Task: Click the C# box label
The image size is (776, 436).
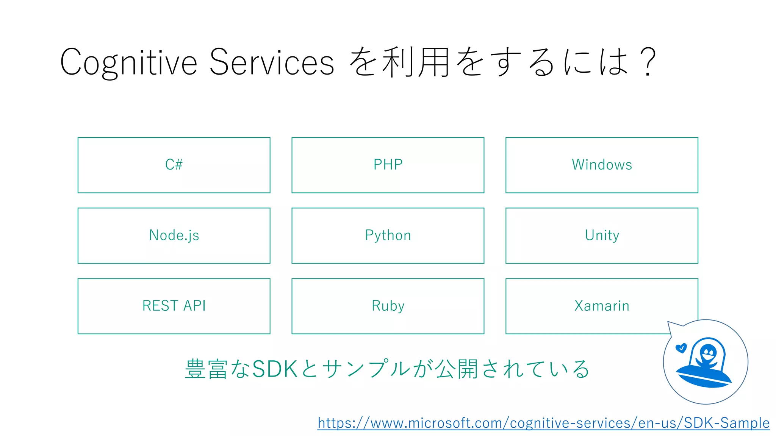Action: (x=174, y=165)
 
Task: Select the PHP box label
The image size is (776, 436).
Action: (x=388, y=165)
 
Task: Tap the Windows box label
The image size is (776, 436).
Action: (x=602, y=165)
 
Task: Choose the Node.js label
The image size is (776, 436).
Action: (x=174, y=235)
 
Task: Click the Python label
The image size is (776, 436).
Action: (x=388, y=235)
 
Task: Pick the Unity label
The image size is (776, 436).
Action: (x=602, y=235)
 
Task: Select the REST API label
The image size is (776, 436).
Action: (x=174, y=306)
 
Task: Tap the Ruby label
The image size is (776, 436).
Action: (x=388, y=306)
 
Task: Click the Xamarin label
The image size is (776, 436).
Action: (x=602, y=306)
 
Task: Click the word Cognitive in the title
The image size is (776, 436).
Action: (x=128, y=62)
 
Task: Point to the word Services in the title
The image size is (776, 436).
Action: (x=271, y=62)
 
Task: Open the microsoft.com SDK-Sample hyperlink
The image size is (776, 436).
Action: (x=543, y=423)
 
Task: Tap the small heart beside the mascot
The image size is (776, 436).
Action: (x=681, y=348)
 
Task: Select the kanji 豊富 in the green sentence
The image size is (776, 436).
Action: (x=206, y=369)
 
